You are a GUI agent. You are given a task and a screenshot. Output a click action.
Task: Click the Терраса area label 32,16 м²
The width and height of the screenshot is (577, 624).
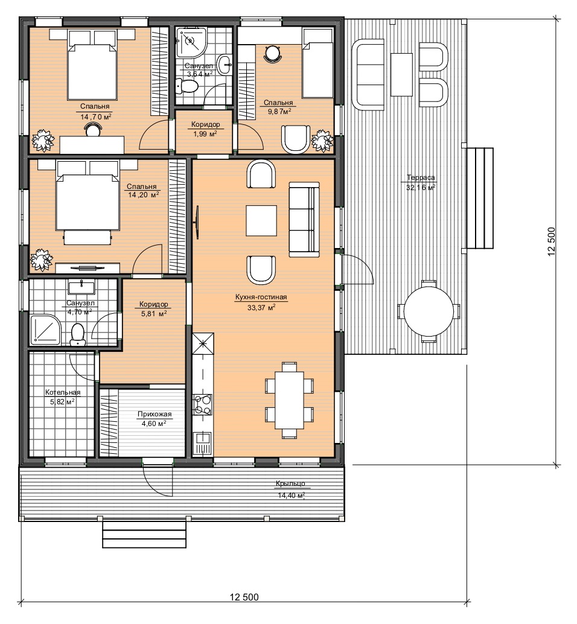pos(421,188)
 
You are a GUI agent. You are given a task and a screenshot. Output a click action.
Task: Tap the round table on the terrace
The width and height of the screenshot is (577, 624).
pos(429,311)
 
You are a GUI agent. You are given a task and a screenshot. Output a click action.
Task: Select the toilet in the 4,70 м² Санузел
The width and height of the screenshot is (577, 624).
pos(77,334)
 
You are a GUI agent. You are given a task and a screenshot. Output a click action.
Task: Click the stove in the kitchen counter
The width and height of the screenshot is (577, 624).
pos(203,404)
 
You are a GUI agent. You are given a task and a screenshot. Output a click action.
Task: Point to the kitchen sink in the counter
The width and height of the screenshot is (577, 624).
pos(203,444)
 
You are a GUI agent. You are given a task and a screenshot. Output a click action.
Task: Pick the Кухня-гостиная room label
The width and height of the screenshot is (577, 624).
pos(261,297)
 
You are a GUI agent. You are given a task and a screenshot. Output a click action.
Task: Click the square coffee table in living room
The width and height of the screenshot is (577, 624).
pos(261,220)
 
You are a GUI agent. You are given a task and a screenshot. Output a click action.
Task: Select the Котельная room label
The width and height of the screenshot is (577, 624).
pos(63,392)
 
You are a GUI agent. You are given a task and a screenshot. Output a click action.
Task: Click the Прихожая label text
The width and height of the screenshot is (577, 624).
pos(155,414)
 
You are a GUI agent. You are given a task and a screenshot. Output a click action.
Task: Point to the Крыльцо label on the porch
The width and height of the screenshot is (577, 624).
pos(290,483)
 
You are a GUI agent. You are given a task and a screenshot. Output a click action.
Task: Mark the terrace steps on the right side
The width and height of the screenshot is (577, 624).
pos(480,198)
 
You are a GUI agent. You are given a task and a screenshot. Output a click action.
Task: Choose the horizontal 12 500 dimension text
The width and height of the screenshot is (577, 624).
pos(244,597)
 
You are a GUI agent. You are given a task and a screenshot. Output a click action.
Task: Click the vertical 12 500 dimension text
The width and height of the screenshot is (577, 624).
pos(552,241)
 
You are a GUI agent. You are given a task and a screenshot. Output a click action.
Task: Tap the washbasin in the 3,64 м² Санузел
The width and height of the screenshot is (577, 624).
pos(226,64)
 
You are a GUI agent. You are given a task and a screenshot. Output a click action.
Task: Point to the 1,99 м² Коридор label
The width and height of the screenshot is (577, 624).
pos(205,129)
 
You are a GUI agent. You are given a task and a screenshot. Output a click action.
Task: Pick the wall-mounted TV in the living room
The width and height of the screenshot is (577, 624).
pos(197,222)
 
